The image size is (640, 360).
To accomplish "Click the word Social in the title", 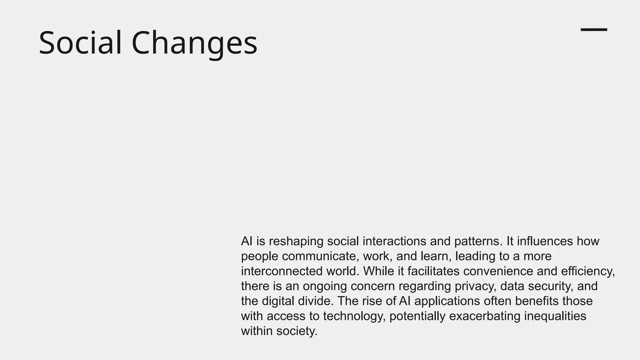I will point(80,43).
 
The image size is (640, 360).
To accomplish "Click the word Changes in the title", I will point(194,43).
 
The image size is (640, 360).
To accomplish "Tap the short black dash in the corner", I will point(594,30).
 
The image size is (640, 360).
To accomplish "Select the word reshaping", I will point(296,242).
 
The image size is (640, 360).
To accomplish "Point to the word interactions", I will point(394,241).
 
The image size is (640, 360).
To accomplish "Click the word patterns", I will point(478,242).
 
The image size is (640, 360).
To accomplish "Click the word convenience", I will point(498,271).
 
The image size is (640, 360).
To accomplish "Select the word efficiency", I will point(587,271).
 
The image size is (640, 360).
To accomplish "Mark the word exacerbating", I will point(485,316).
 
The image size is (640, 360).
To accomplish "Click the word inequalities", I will point(555,316).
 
